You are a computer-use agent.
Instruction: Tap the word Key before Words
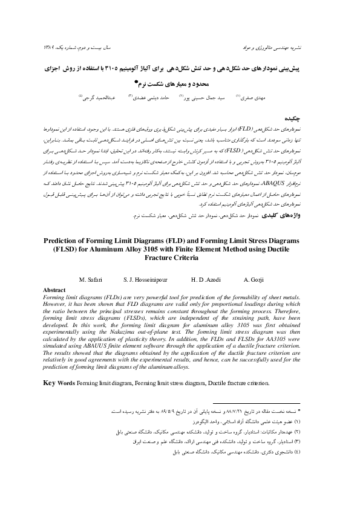tap(51, 383)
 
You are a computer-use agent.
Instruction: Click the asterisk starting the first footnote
tap(308, 411)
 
